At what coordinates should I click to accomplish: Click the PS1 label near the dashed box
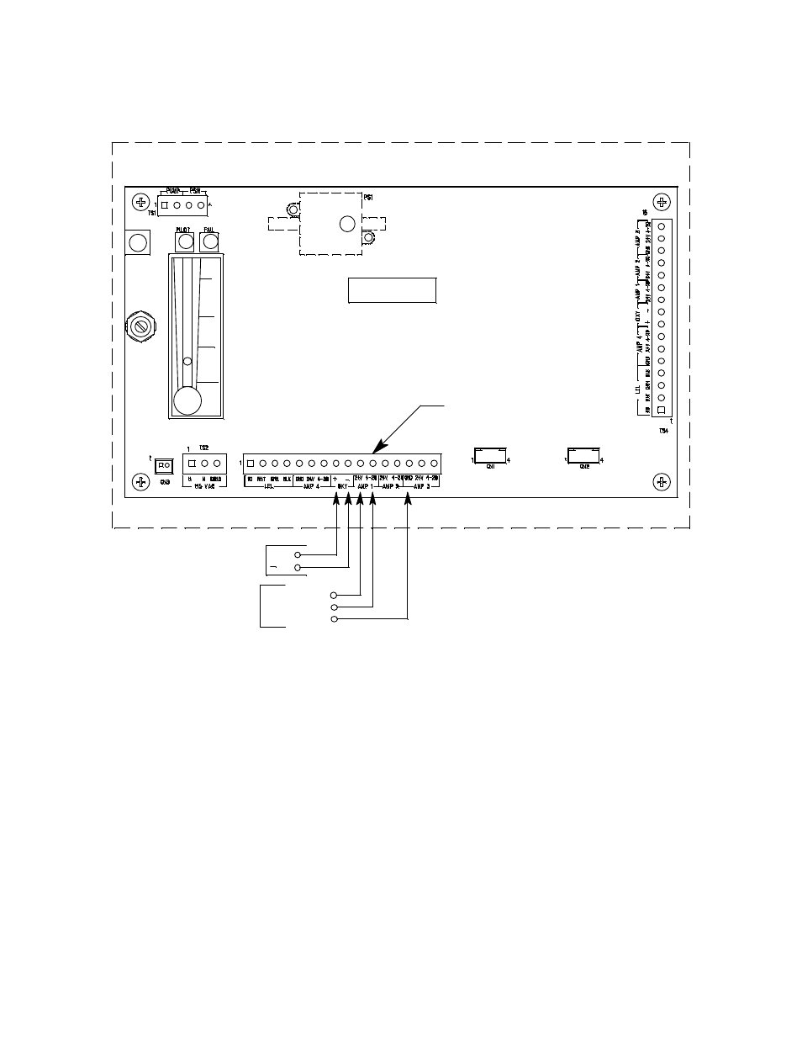coord(368,198)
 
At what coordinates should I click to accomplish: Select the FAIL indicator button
coord(209,242)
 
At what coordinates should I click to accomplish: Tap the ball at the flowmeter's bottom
coord(187,400)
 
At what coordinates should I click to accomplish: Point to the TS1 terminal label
coord(152,214)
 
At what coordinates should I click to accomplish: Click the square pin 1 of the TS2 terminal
coord(192,463)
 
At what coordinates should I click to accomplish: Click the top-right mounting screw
coord(662,202)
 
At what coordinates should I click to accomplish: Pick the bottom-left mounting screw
coord(140,481)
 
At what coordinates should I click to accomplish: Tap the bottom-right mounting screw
coord(662,481)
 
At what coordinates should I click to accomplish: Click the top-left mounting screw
coord(140,202)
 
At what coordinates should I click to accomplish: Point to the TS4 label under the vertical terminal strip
coord(663,431)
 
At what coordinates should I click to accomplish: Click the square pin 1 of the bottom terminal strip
coord(251,463)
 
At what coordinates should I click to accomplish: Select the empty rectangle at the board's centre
coord(392,289)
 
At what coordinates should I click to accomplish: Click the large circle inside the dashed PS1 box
coord(346,224)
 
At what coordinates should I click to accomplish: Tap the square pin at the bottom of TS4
coord(662,411)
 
